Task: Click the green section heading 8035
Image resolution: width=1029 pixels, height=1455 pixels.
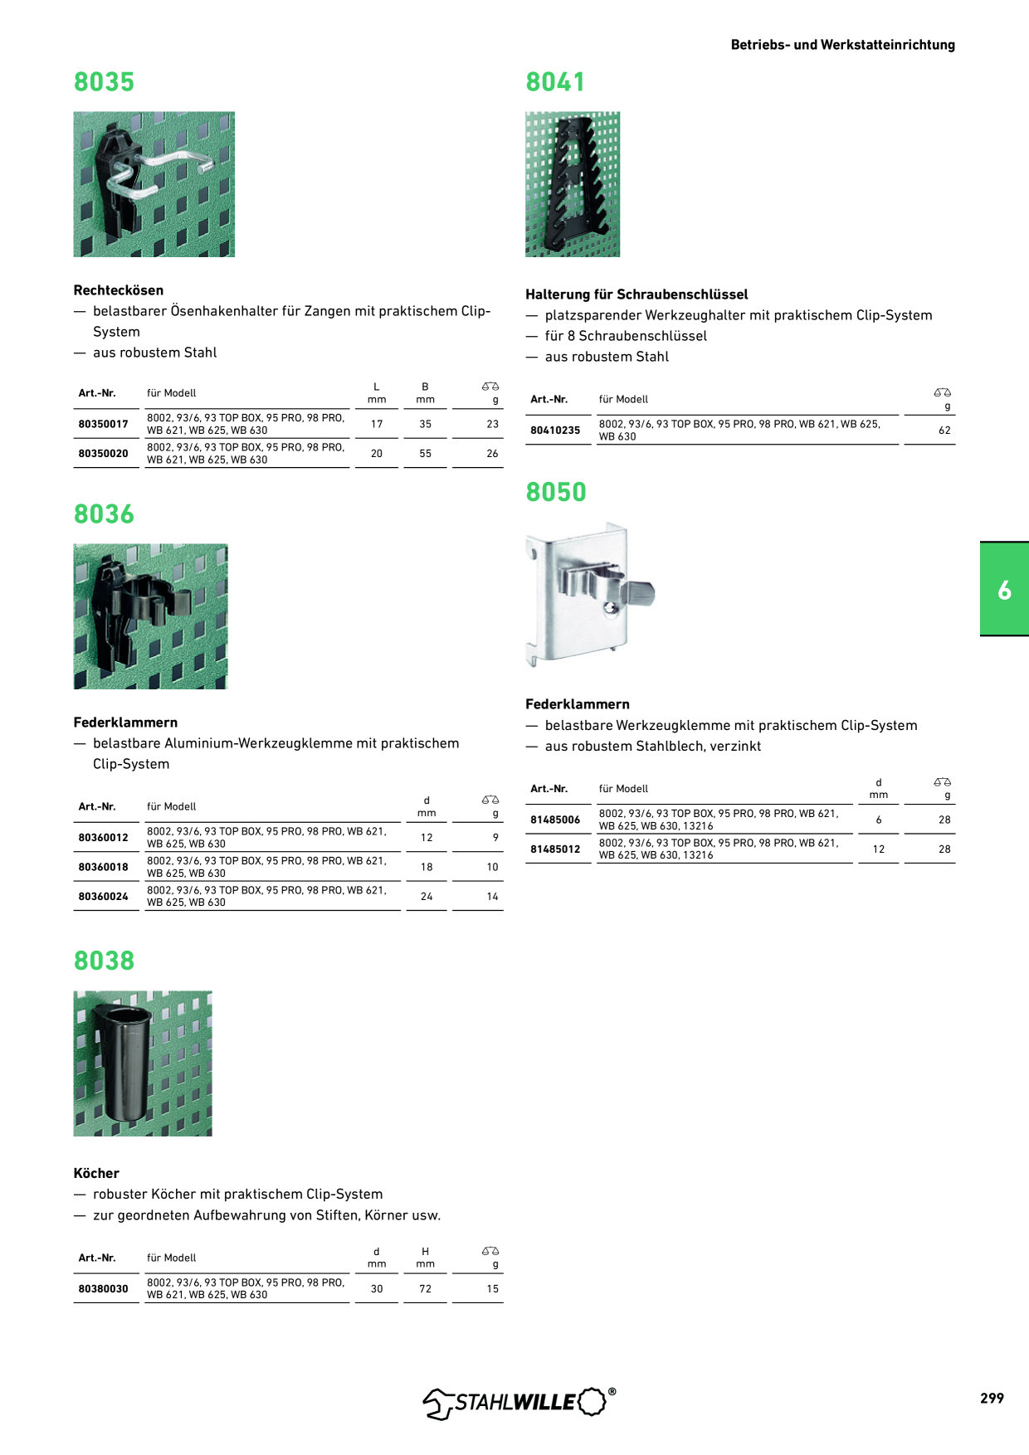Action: (104, 82)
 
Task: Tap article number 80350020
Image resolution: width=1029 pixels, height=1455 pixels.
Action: (104, 454)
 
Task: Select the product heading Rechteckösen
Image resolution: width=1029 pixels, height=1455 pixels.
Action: (119, 290)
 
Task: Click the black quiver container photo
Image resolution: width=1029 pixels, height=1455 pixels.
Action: (143, 1063)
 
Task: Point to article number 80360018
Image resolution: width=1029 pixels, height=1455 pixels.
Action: (104, 867)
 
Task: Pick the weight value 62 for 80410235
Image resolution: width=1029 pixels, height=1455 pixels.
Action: (944, 431)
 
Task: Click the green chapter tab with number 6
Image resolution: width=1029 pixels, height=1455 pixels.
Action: (1004, 589)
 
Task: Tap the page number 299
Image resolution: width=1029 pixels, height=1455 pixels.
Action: (992, 1398)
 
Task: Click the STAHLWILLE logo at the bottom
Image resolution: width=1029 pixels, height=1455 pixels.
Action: (519, 1402)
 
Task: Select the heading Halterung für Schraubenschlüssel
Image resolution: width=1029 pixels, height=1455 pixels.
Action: (636, 294)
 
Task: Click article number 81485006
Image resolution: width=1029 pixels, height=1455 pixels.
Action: (555, 820)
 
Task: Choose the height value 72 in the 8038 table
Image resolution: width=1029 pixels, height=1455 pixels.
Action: (425, 1289)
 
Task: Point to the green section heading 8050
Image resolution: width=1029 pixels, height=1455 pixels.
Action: (556, 492)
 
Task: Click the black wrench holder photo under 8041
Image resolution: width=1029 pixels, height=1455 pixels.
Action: (573, 184)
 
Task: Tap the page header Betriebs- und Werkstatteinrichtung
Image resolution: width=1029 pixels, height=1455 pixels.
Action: (843, 45)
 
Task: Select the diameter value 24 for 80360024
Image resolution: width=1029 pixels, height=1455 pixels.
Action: (427, 897)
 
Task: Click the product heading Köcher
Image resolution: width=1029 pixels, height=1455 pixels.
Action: (96, 1173)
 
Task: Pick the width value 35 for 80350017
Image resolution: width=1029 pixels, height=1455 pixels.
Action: (425, 424)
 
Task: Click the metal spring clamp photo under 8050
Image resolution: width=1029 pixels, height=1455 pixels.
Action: (590, 595)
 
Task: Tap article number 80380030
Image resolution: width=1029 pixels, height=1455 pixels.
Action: (104, 1289)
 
